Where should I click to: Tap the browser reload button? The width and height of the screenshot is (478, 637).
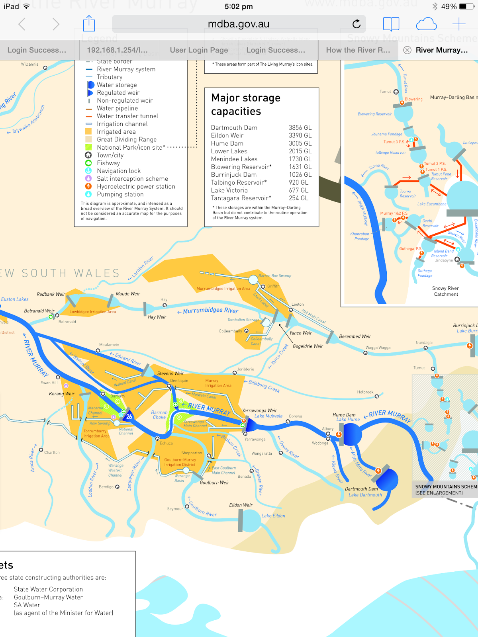[x=357, y=24]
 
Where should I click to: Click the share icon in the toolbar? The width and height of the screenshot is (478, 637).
[x=89, y=24]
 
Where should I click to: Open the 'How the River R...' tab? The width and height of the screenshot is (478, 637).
[x=358, y=50]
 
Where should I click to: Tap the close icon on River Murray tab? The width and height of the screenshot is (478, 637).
[x=407, y=50]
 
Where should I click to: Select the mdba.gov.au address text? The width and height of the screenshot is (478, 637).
[x=238, y=24]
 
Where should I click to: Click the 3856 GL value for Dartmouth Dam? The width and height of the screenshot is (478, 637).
[x=300, y=128]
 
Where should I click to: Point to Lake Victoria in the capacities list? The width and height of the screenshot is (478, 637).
[x=229, y=190]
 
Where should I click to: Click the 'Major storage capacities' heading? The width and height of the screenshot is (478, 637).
[x=246, y=105]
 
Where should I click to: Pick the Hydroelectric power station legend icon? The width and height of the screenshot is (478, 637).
[x=88, y=186]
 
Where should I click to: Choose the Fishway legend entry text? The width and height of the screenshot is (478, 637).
[x=108, y=163]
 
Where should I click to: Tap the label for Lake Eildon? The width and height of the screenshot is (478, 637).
[x=273, y=516]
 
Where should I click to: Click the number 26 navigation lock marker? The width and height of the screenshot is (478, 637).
[x=129, y=416]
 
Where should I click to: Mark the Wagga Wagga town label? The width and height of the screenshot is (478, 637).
[x=378, y=348]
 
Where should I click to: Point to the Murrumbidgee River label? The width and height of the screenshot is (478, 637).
[x=210, y=310]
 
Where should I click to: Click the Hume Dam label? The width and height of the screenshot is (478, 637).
[x=344, y=415]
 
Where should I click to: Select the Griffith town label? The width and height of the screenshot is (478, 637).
[x=273, y=286]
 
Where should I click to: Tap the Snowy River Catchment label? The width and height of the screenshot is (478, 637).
[x=445, y=291]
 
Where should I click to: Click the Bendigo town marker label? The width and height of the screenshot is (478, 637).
[x=106, y=487]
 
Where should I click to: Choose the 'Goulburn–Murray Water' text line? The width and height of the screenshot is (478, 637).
[x=48, y=597]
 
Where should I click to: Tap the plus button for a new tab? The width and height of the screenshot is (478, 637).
[x=459, y=24]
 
